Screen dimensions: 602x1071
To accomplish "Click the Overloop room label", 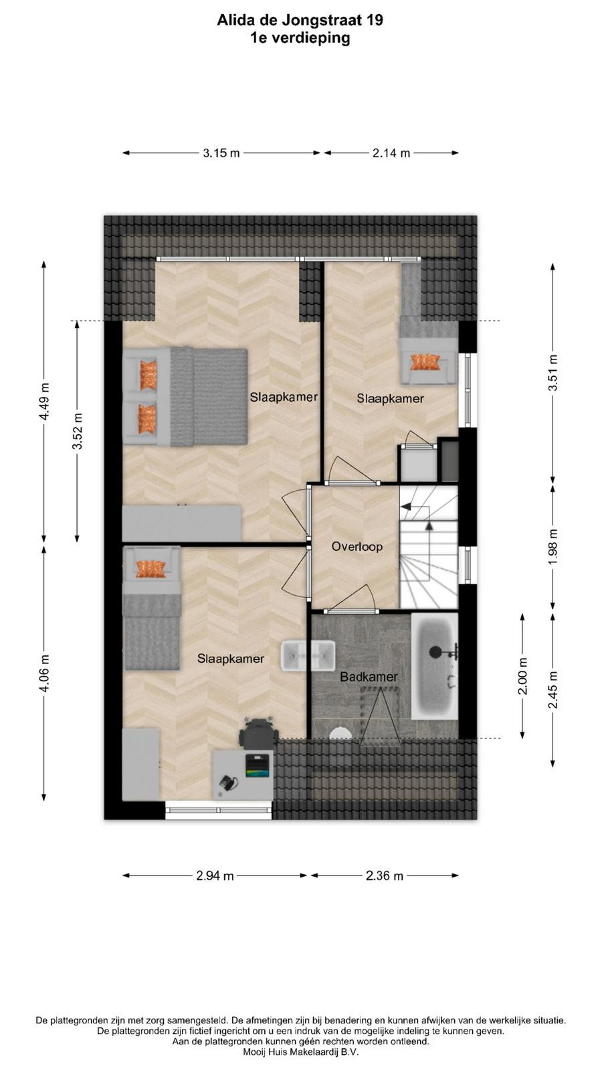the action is click(357, 546).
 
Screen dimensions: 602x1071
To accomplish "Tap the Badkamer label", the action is click(369, 677).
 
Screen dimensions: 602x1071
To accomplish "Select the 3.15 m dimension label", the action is click(221, 153).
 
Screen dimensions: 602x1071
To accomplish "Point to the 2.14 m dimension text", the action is click(391, 153).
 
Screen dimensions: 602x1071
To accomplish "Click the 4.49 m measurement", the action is click(44, 402).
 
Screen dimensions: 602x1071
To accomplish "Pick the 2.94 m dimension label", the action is click(215, 876).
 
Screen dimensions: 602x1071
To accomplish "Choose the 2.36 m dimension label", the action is click(385, 876).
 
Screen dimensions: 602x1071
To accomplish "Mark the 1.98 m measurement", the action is click(553, 546).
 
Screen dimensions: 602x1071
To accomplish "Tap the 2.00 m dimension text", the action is click(522, 676).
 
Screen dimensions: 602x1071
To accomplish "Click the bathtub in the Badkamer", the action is click(435, 667).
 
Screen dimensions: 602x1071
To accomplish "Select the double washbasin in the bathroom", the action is click(308, 656).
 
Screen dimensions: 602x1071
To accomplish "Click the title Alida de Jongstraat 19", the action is click(300, 20).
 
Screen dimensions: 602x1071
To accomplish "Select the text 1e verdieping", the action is click(300, 37).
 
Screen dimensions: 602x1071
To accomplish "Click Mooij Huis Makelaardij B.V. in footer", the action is click(301, 1052).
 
